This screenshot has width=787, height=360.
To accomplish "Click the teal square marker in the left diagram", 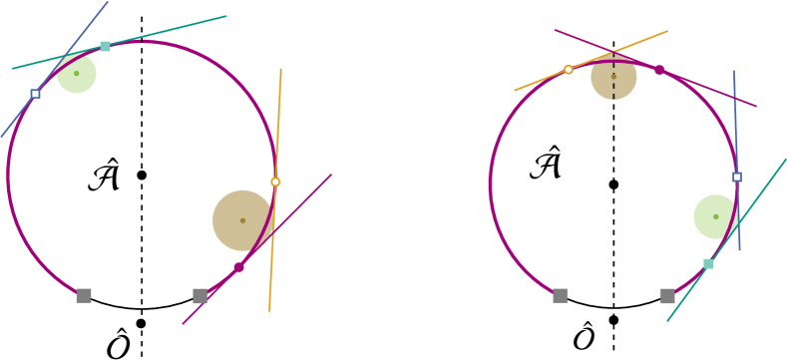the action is pos(105,46).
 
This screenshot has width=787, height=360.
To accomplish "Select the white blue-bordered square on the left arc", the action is pos(35,94).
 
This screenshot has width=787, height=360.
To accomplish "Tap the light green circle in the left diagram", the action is pos(77,73).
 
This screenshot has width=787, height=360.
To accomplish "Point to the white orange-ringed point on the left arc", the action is pos(275,181).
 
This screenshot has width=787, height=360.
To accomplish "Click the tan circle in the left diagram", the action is pos(242,220).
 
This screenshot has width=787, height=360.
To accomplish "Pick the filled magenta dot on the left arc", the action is pos(238,267).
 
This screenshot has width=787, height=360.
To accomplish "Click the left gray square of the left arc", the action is pos(84,295).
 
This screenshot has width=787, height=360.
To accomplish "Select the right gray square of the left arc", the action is pos(200,295).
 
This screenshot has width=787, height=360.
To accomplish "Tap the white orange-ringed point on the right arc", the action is pos(569,70).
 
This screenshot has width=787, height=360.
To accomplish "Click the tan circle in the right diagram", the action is pos(613,77).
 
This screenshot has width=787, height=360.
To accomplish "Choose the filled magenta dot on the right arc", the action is pos(659,70).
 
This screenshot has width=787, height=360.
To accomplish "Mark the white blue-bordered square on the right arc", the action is pos(736,178).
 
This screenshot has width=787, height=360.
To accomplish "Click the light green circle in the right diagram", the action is pos(715,216).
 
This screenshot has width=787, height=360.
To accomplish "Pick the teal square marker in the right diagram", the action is pos(708,263).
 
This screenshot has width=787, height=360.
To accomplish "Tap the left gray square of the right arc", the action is pos(560,295).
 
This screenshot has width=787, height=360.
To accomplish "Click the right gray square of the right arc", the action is pos(667,295).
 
